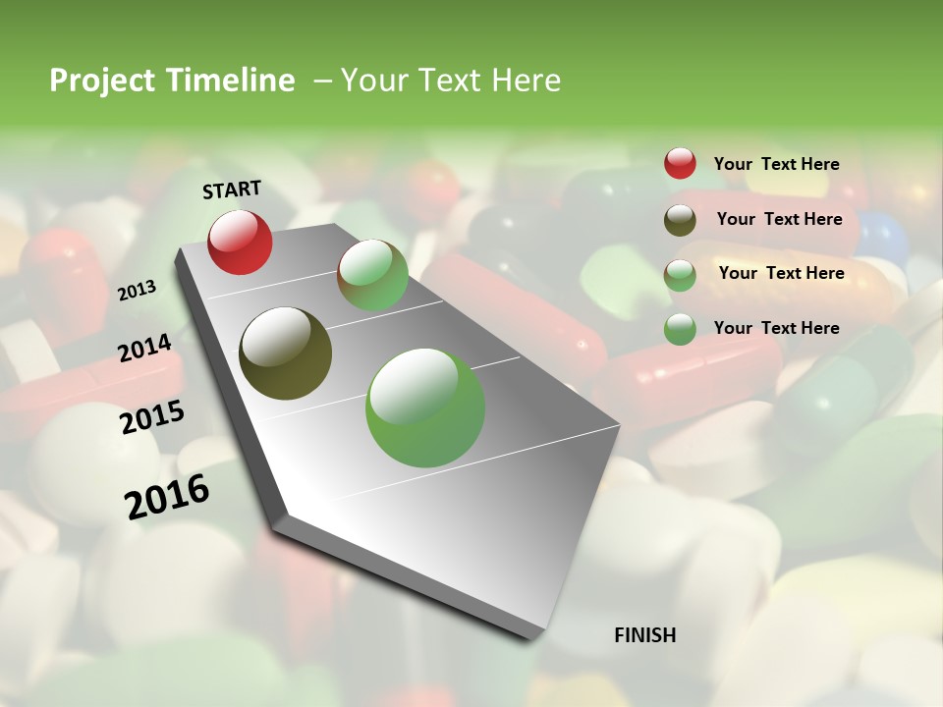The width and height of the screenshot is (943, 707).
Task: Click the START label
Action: [232, 190]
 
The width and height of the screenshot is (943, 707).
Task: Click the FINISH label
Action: [645, 635]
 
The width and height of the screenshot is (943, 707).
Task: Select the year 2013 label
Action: [138, 290]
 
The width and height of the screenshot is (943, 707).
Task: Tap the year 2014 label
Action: [144, 348]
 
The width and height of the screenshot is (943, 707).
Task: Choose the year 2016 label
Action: [167, 496]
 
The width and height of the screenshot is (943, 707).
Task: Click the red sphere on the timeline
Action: [240, 242]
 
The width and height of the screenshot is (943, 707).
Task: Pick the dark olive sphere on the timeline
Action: [285, 353]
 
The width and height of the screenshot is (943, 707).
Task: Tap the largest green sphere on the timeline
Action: [425, 408]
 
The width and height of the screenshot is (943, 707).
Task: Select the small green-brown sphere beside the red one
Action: [372, 275]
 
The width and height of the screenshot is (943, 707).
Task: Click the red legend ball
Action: [680, 164]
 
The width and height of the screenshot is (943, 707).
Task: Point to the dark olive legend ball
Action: [680, 220]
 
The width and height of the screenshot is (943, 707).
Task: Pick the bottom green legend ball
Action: [680, 329]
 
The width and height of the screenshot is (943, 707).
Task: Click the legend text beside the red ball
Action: [776, 164]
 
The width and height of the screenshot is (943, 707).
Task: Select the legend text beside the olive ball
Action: [779, 219]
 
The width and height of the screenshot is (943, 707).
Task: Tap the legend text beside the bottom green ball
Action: [776, 328]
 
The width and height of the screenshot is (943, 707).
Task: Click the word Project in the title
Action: [103, 81]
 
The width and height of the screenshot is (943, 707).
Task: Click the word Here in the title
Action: [526, 81]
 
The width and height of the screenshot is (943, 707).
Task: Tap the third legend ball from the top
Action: [680, 275]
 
